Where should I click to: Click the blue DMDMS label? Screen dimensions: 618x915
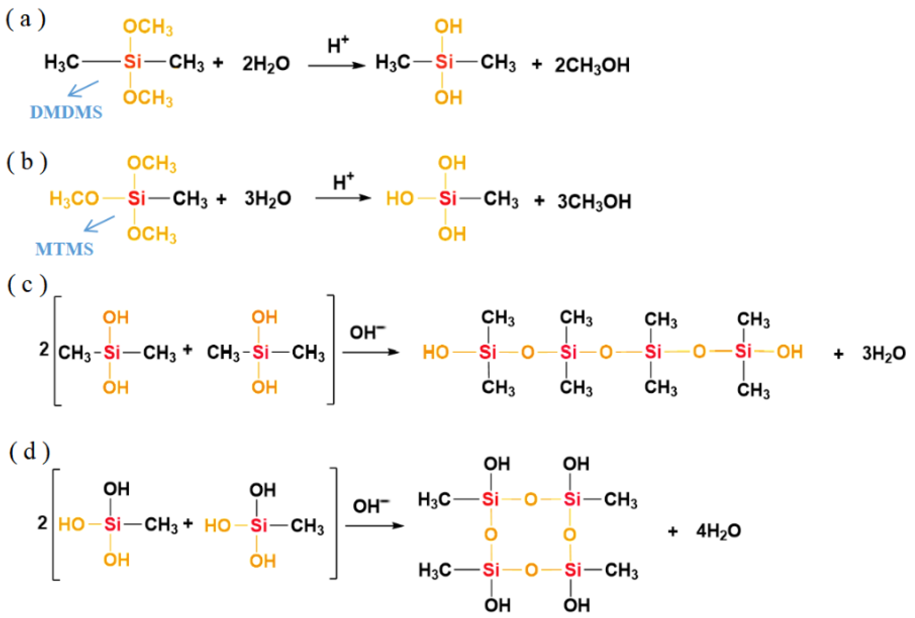(x=66, y=112)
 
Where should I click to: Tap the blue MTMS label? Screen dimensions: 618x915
(x=64, y=249)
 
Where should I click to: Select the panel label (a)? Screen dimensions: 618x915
(x=26, y=20)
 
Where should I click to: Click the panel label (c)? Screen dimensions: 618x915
(x=27, y=284)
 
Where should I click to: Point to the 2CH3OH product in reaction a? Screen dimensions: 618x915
(x=592, y=65)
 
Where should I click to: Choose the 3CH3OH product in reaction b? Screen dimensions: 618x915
(x=594, y=202)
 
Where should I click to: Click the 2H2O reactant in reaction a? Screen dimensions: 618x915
(x=266, y=64)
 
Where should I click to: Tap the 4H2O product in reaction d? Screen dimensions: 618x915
(x=718, y=531)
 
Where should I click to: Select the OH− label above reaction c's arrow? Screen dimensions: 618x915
(x=367, y=332)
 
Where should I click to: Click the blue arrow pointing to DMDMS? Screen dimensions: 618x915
(x=83, y=88)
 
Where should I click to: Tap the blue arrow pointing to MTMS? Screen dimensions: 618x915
(x=99, y=223)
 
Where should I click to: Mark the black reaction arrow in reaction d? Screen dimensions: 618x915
(x=374, y=526)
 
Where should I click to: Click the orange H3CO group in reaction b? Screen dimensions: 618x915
(x=74, y=198)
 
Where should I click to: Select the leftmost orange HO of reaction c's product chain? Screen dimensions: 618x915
(x=435, y=352)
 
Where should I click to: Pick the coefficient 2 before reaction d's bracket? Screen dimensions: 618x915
(x=42, y=523)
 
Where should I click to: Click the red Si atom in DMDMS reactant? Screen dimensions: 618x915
(x=132, y=62)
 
